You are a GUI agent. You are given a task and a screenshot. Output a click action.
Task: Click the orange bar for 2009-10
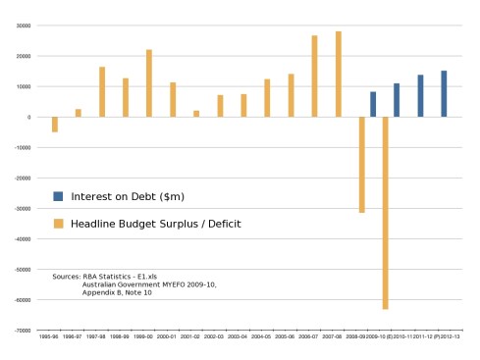click(386, 213)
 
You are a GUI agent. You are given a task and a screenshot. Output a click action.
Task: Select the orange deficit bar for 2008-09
click(361, 165)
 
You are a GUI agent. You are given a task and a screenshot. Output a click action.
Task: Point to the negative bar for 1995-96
click(55, 125)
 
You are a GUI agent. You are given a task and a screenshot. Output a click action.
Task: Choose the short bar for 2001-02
click(196, 114)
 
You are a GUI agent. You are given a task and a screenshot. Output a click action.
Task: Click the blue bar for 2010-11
click(397, 100)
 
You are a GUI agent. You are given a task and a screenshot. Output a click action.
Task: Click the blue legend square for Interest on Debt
click(58, 195)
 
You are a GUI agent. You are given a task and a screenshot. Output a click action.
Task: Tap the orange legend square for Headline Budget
click(58, 224)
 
